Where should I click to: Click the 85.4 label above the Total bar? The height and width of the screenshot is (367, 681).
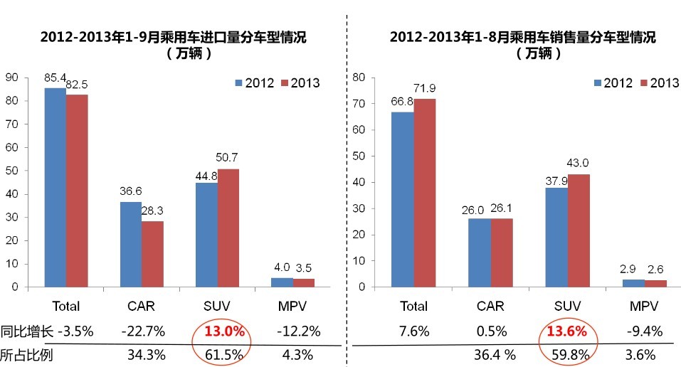point(55,75)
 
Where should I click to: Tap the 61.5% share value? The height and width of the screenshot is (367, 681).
point(226,355)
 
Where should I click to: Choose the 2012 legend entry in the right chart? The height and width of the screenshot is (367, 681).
point(611,83)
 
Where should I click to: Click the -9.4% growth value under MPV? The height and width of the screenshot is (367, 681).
point(646,331)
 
